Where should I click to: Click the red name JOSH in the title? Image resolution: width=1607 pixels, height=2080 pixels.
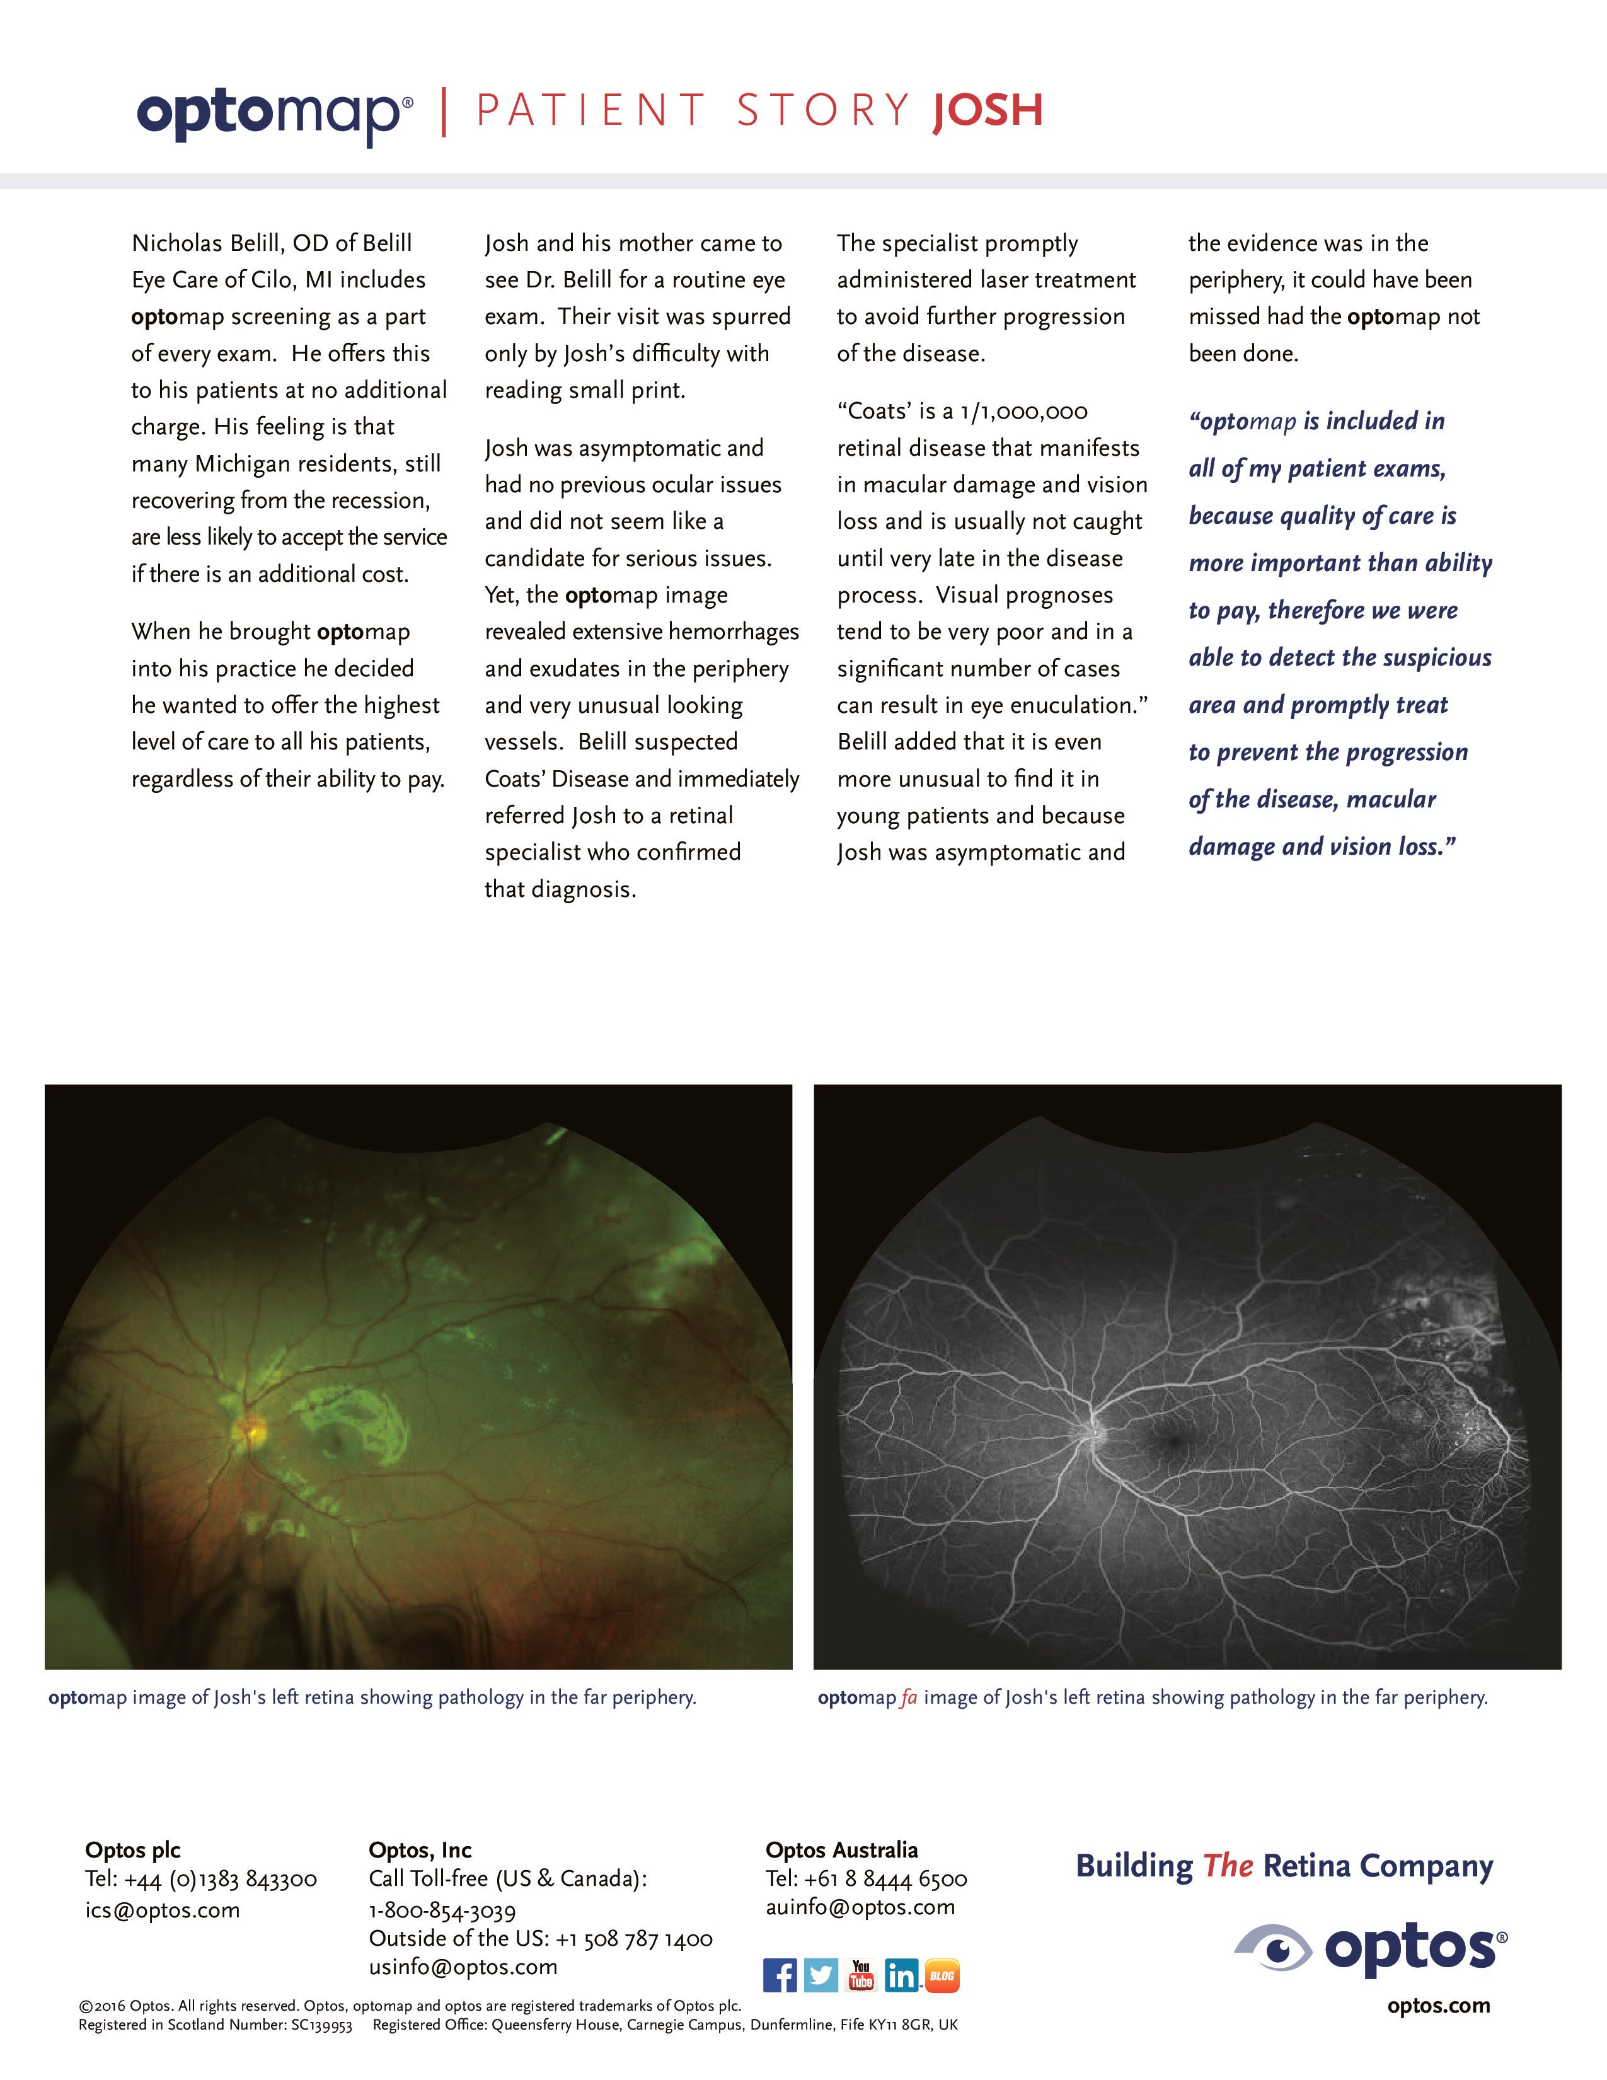pyautogui.click(x=988, y=110)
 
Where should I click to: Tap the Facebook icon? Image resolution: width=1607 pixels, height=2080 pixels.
pyautogui.click(x=780, y=1975)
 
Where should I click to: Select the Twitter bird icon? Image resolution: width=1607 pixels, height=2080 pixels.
pyautogui.click(x=821, y=1975)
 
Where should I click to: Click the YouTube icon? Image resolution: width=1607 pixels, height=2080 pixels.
pyautogui.click(x=861, y=1975)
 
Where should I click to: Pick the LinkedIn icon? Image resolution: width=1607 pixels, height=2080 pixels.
pyautogui.click(x=901, y=1975)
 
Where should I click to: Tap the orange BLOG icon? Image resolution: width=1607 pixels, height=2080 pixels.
pyautogui.click(x=942, y=1975)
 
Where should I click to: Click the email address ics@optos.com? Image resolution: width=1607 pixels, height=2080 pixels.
pyautogui.click(x=162, y=1910)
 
